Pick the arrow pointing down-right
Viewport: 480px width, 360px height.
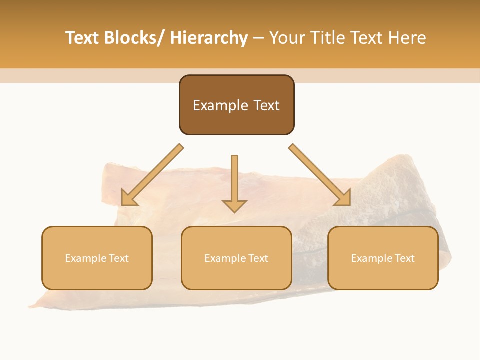pyautogui.click(x=320, y=175)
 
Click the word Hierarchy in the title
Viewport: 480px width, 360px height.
pyautogui.click(x=209, y=38)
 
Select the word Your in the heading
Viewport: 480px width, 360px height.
pyautogui.click(x=287, y=38)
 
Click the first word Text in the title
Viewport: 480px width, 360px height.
pyautogui.click(x=83, y=38)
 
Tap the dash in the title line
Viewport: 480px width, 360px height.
pyautogui.click(x=258, y=38)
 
